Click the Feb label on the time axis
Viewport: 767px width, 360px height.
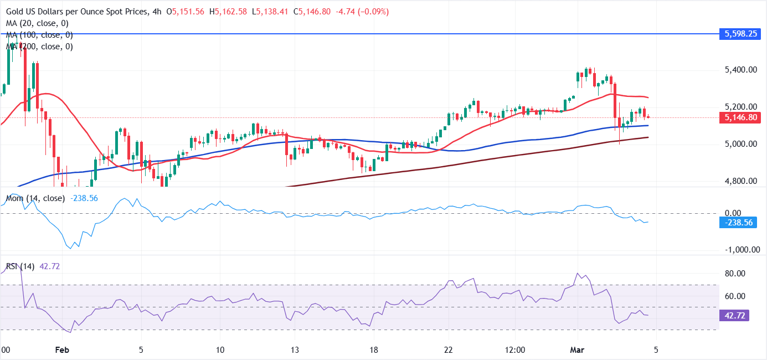(x=63, y=350)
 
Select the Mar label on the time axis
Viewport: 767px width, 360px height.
(x=577, y=350)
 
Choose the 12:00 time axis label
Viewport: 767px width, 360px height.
(x=515, y=350)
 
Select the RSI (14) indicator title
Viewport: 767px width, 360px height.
(x=20, y=266)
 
